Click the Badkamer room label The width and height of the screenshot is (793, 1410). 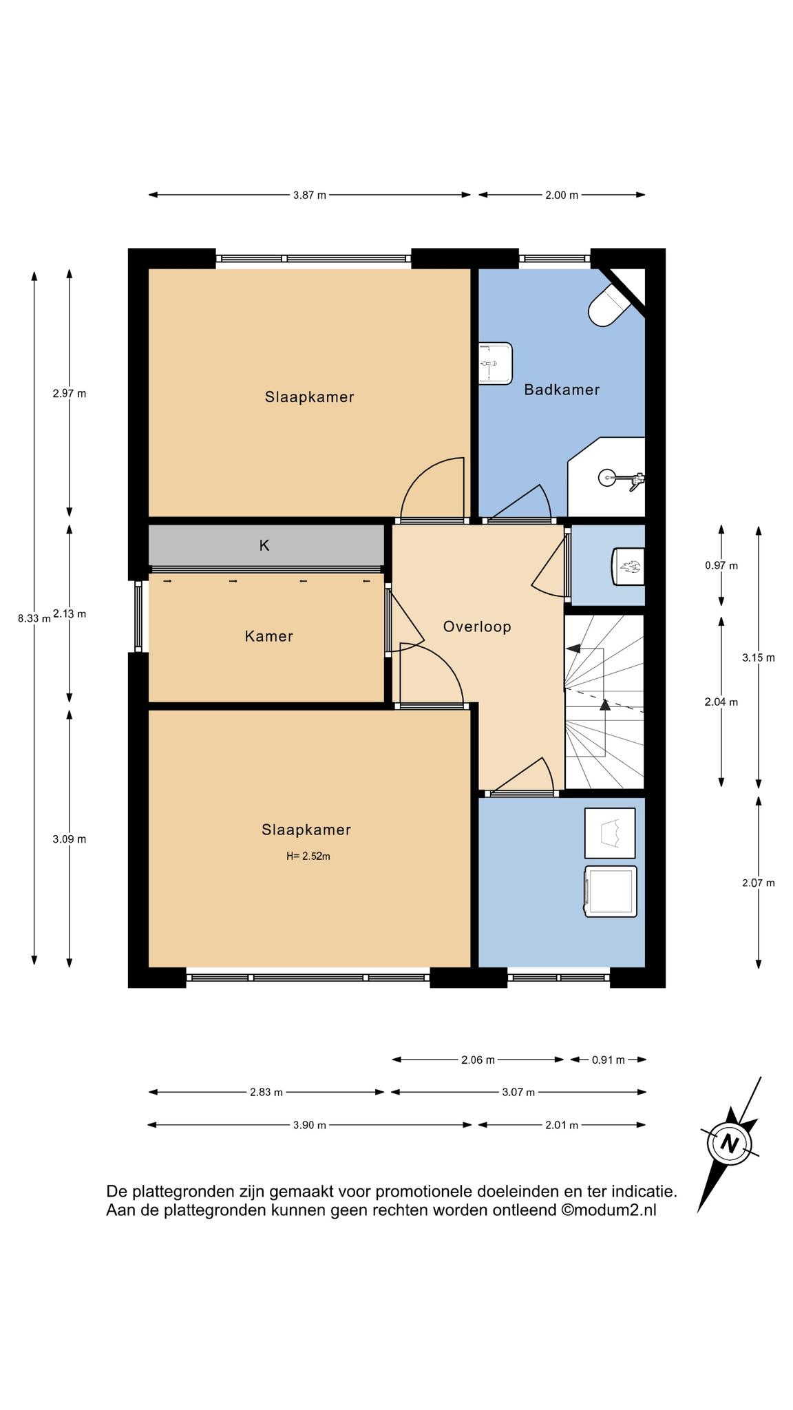pos(562,390)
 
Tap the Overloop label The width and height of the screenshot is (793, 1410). pos(477,627)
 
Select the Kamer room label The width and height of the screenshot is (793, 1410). pos(268,636)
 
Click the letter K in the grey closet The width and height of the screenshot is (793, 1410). pos(264,545)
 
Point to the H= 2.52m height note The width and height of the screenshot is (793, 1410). pos(308,856)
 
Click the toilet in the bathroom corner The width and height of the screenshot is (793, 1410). pos(609,306)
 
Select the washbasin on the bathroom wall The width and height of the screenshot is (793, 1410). pos(496,363)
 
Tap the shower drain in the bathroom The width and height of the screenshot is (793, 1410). pos(606,476)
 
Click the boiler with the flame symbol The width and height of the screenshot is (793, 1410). pos(628,566)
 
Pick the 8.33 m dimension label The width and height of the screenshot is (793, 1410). pos(34,618)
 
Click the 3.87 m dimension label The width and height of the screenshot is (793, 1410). pos(310,195)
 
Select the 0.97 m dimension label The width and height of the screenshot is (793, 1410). pos(721,566)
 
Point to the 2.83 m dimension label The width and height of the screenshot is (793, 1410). pos(266,1092)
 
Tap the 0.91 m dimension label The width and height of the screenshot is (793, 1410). pos(609,1060)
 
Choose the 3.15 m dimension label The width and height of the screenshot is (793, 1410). pos(759,657)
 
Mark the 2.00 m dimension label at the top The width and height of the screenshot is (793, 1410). pos(562,195)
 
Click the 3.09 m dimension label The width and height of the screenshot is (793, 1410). pos(70,839)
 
